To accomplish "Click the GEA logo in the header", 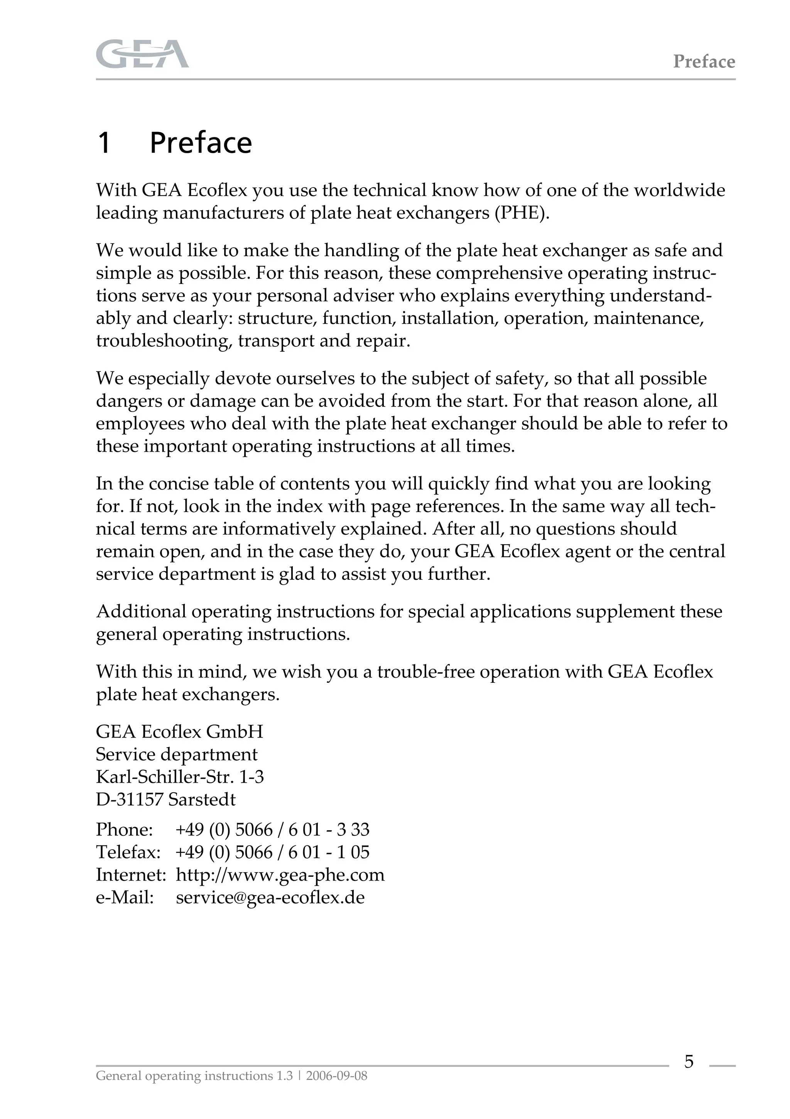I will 142,54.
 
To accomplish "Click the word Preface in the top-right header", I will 704,61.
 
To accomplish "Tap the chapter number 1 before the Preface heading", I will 104,143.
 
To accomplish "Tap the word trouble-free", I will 425,672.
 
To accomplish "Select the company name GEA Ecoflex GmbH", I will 179,732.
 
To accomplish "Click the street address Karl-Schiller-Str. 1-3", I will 179,777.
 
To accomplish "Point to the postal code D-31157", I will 129,799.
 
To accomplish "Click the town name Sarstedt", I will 202,799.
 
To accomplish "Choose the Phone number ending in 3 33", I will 272,829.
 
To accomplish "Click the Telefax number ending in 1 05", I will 272,852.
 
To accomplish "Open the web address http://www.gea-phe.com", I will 280,875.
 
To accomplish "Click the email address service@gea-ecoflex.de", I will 270,897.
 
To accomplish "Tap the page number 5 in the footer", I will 689,1061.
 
